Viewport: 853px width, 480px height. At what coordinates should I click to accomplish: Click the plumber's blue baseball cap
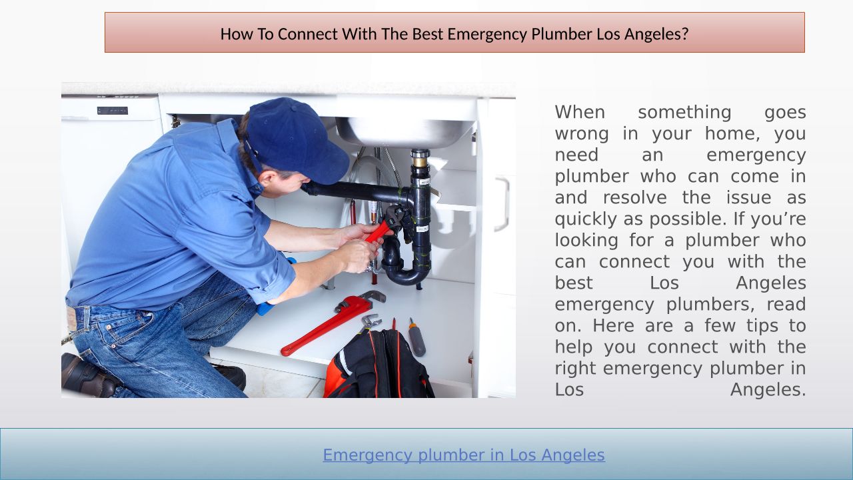pyautogui.click(x=295, y=139)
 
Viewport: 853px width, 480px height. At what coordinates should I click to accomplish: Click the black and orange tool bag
pyautogui.click(x=379, y=366)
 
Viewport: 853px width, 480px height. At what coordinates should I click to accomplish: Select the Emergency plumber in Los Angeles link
pyautogui.click(x=464, y=455)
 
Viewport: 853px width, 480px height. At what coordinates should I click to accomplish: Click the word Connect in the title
pyautogui.click(x=308, y=34)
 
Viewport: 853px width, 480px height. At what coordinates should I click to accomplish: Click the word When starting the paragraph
pyautogui.click(x=580, y=112)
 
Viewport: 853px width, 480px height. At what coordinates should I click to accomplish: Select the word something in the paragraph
pyautogui.click(x=684, y=113)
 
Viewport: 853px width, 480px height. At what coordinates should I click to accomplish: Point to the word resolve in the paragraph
pyautogui.click(x=635, y=198)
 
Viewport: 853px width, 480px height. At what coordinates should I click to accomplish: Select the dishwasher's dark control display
pyautogui.click(x=113, y=111)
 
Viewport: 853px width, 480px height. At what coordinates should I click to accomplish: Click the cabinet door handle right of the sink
pyautogui.click(x=502, y=204)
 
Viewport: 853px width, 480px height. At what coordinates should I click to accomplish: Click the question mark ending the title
pyautogui.click(x=686, y=34)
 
